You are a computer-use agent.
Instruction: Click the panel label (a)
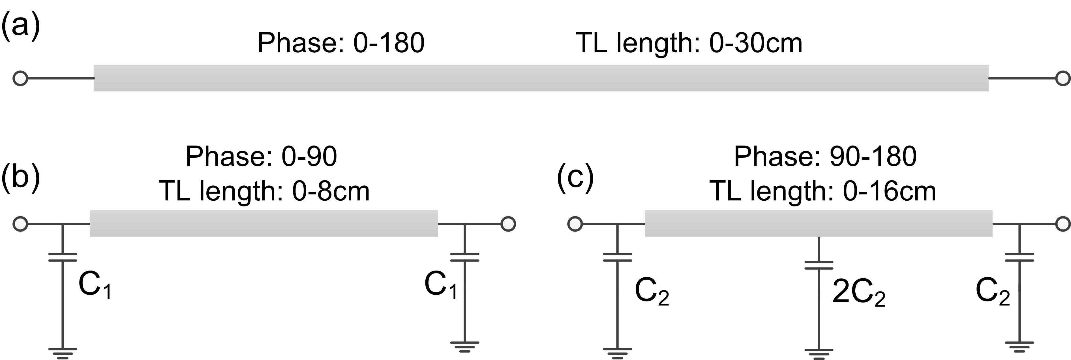pos(20,26)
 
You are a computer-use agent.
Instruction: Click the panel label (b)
pos(20,176)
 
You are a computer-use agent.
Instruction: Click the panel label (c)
pos(575,176)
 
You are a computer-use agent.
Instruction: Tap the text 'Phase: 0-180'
pos(341,43)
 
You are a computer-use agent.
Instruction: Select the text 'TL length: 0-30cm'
pos(689,43)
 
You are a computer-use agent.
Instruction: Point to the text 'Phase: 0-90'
pos(261,157)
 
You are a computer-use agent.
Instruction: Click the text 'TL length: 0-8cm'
pos(264,191)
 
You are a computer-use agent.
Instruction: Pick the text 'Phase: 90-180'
pos(825,157)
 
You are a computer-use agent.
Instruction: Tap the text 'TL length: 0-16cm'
pos(823,191)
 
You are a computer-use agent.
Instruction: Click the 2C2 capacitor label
pos(858,293)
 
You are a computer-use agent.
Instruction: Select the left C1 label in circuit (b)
pos(95,286)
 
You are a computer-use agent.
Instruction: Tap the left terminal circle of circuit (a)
pos(20,78)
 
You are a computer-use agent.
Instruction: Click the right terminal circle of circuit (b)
pos(508,224)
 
